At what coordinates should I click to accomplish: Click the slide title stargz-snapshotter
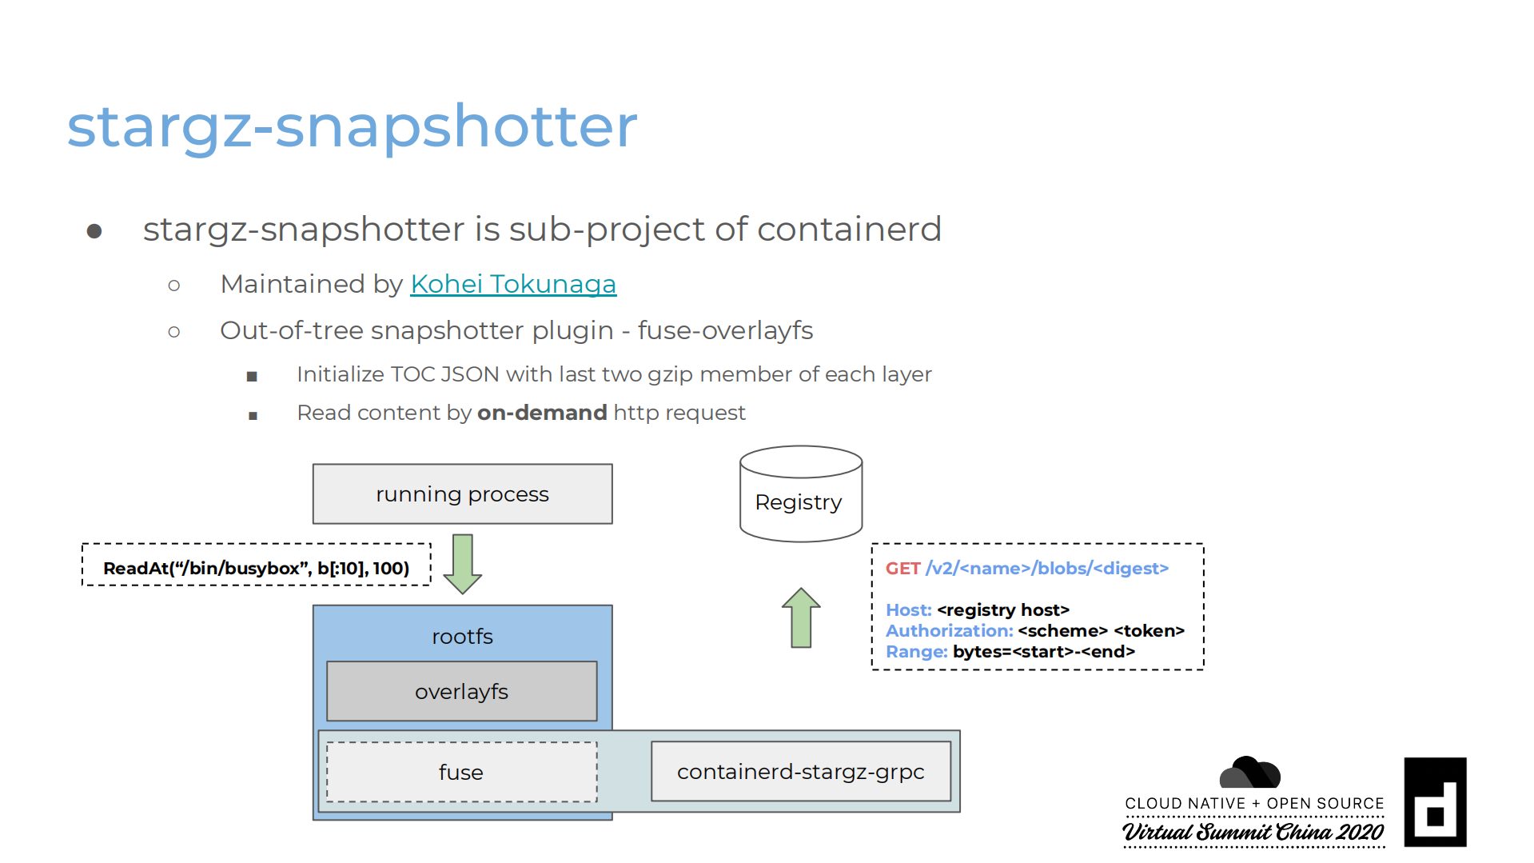tap(352, 126)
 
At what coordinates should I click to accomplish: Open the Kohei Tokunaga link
tap(513, 284)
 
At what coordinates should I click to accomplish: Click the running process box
tap(462, 494)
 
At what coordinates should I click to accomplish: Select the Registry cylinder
tap(800, 494)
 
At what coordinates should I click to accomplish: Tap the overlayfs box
tap(461, 692)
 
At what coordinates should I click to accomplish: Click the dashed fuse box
tap(461, 773)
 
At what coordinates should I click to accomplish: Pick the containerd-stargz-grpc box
tap(800, 772)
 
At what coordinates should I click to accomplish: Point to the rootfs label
tap(462, 637)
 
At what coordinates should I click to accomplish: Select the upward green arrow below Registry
tap(801, 617)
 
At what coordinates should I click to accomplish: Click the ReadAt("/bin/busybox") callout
tap(256, 568)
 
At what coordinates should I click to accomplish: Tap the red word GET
tap(902, 569)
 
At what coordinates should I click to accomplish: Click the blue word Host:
tap(908, 610)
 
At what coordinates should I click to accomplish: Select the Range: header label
tap(916, 652)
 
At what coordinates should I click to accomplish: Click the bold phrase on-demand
tap(542, 413)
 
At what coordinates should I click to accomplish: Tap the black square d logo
tap(1435, 802)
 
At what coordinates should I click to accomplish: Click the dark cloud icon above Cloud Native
tap(1249, 773)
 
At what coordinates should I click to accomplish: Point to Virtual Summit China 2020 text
tap(1253, 833)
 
